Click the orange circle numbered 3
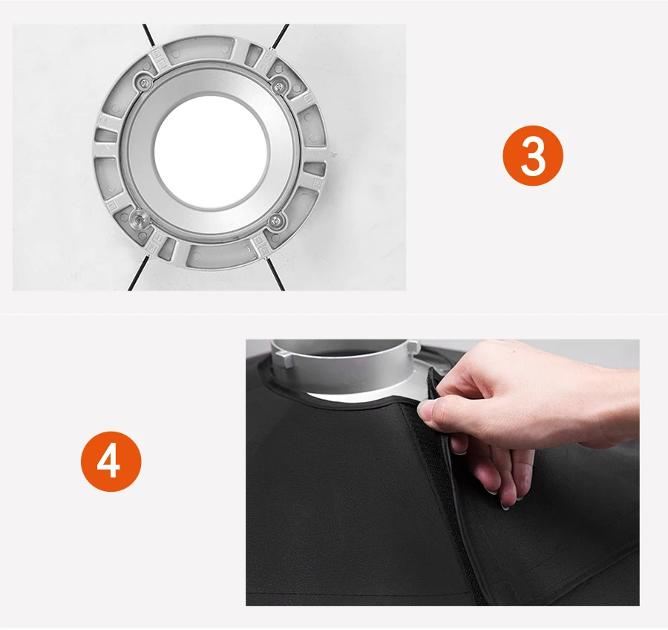tap(532, 155)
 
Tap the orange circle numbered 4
tap(111, 461)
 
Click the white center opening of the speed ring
tap(212, 149)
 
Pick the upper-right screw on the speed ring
tap(278, 86)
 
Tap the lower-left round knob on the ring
tap(139, 220)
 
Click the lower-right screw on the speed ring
tap(277, 221)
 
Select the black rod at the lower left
tap(138, 273)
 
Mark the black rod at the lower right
tap(275, 274)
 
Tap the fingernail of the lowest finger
tap(506, 507)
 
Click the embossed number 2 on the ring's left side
tap(102, 122)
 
